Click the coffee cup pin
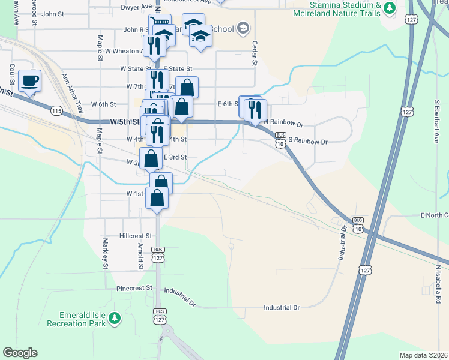click(x=29, y=80)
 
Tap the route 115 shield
click(x=57, y=111)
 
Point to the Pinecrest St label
click(x=134, y=288)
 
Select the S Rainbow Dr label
click(x=308, y=142)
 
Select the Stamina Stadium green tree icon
click(x=390, y=8)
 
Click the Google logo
click(x=20, y=353)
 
